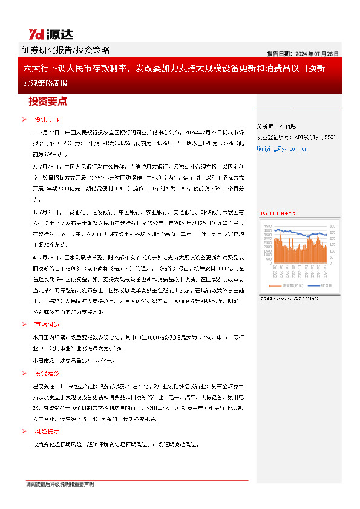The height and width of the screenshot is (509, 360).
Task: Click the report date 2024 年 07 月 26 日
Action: [303, 53]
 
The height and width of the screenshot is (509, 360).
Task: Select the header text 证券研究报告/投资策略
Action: [66, 50]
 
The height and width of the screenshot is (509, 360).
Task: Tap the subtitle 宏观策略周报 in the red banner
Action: [42, 82]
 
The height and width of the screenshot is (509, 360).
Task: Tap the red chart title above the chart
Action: [278, 213]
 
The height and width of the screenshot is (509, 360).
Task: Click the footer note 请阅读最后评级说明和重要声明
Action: [59, 484]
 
